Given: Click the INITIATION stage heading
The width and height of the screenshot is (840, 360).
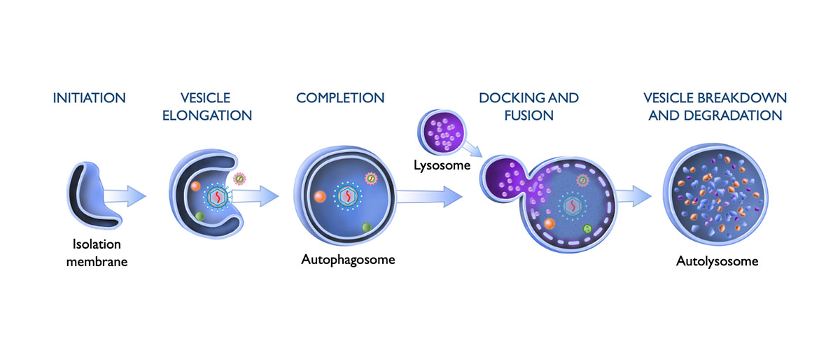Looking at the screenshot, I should click(x=89, y=98).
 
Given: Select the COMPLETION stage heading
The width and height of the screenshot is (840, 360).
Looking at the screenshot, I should click(x=340, y=98).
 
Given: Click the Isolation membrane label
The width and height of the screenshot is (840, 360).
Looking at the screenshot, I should click(x=97, y=254).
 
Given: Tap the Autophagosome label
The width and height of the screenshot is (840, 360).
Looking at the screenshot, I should click(x=348, y=260).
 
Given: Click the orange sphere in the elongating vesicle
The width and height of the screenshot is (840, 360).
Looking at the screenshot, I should click(x=196, y=188).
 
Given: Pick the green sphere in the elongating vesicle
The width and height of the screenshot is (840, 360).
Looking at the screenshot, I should click(x=199, y=216).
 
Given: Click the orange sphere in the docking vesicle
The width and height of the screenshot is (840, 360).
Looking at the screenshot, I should click(x=549, y=224).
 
